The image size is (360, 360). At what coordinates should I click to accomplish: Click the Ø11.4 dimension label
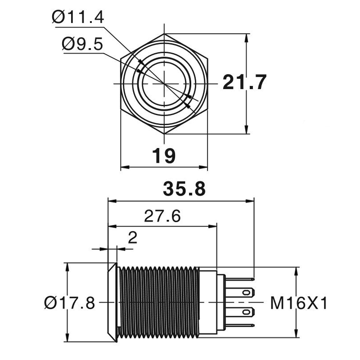78,18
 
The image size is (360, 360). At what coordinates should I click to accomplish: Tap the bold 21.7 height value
245,83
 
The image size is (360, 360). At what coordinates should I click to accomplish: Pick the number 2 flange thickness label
132,238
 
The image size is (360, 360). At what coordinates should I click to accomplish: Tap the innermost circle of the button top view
164,84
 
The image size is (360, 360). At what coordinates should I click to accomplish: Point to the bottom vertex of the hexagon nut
165,134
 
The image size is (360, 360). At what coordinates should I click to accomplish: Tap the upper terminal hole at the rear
245,291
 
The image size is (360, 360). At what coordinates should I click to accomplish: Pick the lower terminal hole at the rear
245,312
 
